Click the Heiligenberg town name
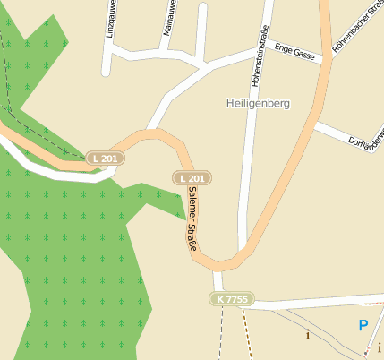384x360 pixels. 258,104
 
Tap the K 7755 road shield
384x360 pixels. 231,298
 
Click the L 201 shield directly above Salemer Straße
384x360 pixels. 192,178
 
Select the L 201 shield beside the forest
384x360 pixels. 106,159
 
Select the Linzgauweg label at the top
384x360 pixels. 110,18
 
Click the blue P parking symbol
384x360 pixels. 363,326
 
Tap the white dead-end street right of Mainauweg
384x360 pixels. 201,31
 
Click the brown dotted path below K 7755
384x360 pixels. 245,336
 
